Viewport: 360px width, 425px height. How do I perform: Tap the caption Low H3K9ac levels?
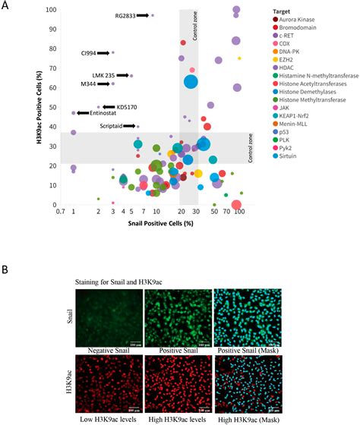(x=108, y=419)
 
